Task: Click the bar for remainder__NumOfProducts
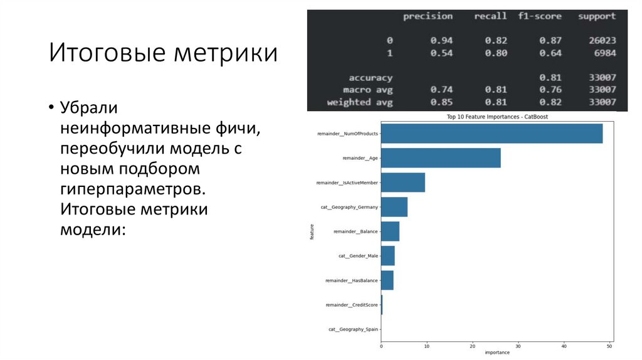[x=492, y=134]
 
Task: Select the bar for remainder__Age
[x=441, y=158]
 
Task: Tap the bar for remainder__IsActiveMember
[x=403, y=183]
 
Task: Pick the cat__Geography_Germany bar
[x=394, y=207]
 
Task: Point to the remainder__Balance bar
[x=390, y=231]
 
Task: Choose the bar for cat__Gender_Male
[x=387, y=256]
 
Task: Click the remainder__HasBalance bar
[x=387, y=280]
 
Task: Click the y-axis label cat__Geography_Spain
[x=353, y=329]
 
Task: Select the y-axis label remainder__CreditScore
[x=352, y=305]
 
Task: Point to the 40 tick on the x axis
[x=564, y=346]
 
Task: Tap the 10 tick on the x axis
[x=427, y=346]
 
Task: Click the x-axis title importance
[x=497, y=352]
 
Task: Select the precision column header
[x=428, y=16]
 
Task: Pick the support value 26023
[x=602, y=41]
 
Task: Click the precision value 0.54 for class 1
[x=441, y=53]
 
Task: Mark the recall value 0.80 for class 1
[x=495, y=53]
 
